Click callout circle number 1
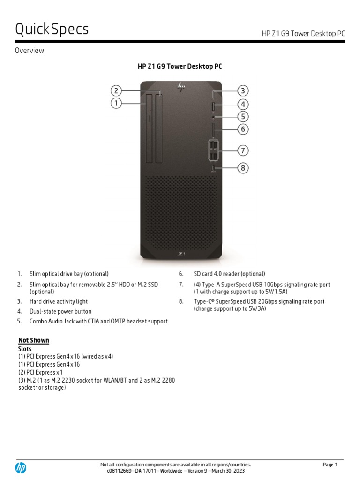pyautogui.click(x=116, y=103)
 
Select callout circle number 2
pyautogui.click(x=116, y=90)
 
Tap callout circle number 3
pyautogui.click(x=242, y=91)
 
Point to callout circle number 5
pyautogui.click(x=242, y=116)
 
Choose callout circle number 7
pyautogui.click(x=242, y=150)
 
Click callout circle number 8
pyautogui.click(x=242, y=167)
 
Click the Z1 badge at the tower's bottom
pyautogui.click(x=181, y=253)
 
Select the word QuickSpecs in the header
pyautogui.click(x=52, y=30)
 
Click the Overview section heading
pyautogui.click(x=29, y=51)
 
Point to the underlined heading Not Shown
pyautogui.click(x=34, y=340)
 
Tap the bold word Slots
pyautogui.click(x=25, y=349)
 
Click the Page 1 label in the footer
pyautogui.click(x=330, y=465)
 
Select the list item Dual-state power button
pyautogui.click(x=60, y=311)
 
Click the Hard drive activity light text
pyautogui.click(x=59, y=301)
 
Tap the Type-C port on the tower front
pyautogui.click(x=213, y=168)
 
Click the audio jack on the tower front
pyautogui.click(x=213, y=117)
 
